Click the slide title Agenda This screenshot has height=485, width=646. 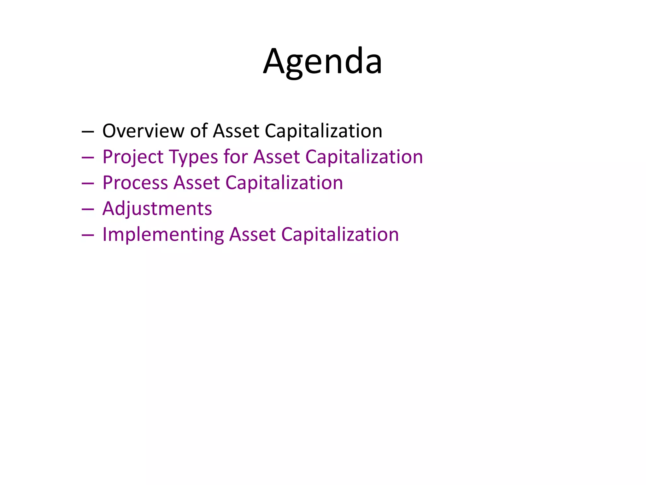tap(323, 62)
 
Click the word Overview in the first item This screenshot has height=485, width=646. tap(143, 131)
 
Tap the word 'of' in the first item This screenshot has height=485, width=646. tap(199, 131)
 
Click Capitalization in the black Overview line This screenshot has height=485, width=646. tap(323, 131)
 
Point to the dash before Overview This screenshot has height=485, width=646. tap(88, 132)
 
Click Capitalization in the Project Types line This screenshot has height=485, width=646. tap(364, 157)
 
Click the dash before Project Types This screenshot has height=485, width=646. tap(88, 158)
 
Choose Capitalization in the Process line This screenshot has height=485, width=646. tap(284, 183)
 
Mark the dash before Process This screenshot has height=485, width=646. tap(88, 184)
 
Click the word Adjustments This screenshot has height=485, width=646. tap(157, 209)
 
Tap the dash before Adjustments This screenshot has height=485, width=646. tap(88, 210)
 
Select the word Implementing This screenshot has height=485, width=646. tap(163, 235)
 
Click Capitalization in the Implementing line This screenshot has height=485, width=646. tap(340, 235)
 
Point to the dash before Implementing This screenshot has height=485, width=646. tap(88, 236)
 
